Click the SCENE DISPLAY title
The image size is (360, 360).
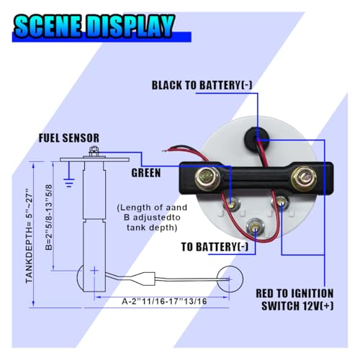pyautogui.click(x=94, y=27)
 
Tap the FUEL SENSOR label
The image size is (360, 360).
pyautogui.click(x=69, y=138)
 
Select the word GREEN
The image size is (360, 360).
pyautogui.click(x=146, y=173)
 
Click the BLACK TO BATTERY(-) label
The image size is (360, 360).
pyautogui.click(x=202, y=85)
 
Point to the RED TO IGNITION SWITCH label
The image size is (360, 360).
pyautogui.click(x=294, y=300)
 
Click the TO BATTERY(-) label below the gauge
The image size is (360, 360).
pyautogui.click(x=215, y=247)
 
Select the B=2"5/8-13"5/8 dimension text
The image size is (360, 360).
pyautogui.click(x=49, y=217)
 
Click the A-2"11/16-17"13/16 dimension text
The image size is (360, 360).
pyautogui.click(x=164, y=301)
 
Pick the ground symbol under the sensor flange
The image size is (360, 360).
pyautogui.click(x=69, y=182)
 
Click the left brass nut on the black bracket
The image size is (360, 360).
pyautogui.click(x=207, y=178)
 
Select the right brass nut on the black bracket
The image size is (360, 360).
pyautogui.click(x=304, y=178)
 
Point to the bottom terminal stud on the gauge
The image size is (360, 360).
pyautogui.click(x=255, y=226)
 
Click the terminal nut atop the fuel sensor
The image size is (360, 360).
pyautogui.click(x=94, y=151)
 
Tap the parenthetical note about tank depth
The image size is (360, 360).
pyautogui.click(x=152, y=217)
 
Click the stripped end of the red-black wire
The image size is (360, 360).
pyautogui.click(x=166, y=150)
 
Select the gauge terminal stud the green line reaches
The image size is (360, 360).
pyautogui.click(x=231, y=204)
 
